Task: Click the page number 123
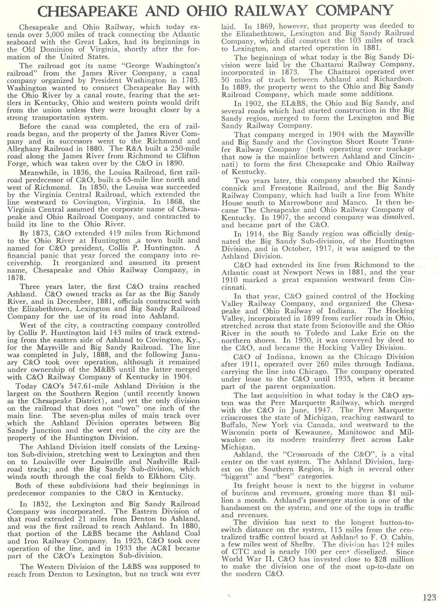(429, 596)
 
